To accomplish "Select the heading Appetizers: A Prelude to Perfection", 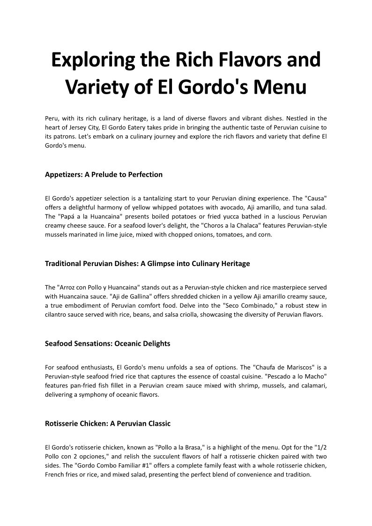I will (104, 175).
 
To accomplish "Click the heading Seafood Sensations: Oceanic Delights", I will (107, 344).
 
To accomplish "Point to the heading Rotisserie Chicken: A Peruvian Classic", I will (108, 424).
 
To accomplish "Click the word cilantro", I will (57, 315).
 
